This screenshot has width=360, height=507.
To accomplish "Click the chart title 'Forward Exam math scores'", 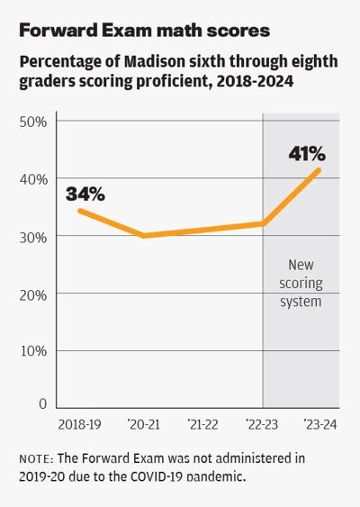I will coord(143,30).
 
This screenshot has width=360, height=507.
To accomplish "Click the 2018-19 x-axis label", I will coord(78,422).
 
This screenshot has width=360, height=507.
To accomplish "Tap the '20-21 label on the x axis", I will coord(144,422).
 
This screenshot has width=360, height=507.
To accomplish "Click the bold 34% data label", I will coord(85,193).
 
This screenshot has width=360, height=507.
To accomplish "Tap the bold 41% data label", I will coord(306,155).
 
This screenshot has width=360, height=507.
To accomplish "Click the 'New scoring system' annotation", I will coord(301,284).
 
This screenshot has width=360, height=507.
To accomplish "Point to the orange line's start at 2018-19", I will coord(79,211).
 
